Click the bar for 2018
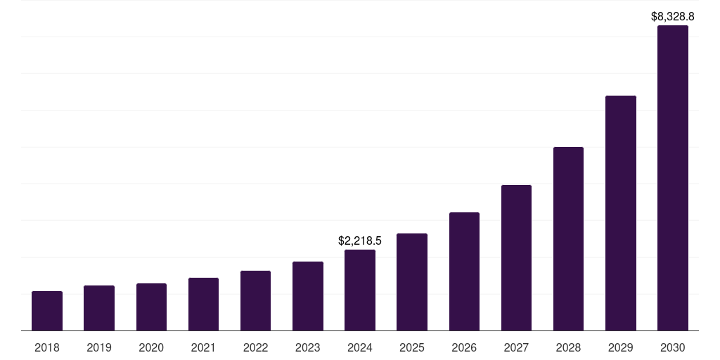pos(47,311)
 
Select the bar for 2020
pos(151,307)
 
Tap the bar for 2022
pos(255,300)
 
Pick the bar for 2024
pos(360,290)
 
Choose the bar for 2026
pos(464,271)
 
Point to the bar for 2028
pos(568,238)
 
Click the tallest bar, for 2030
pos(673,178)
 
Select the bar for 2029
pos(621,213)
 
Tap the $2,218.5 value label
pos(360,240)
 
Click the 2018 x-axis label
pos(47,347)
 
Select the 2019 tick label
pos(99,347)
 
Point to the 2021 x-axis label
pos(203,347)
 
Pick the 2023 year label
pos(308,347)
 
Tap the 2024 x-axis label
pos(360,347)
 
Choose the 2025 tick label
pos(412,347)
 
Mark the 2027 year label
pos(516,347)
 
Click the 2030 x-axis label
pos(673,347)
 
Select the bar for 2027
pos(516,257)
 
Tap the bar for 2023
pos(308,296)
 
